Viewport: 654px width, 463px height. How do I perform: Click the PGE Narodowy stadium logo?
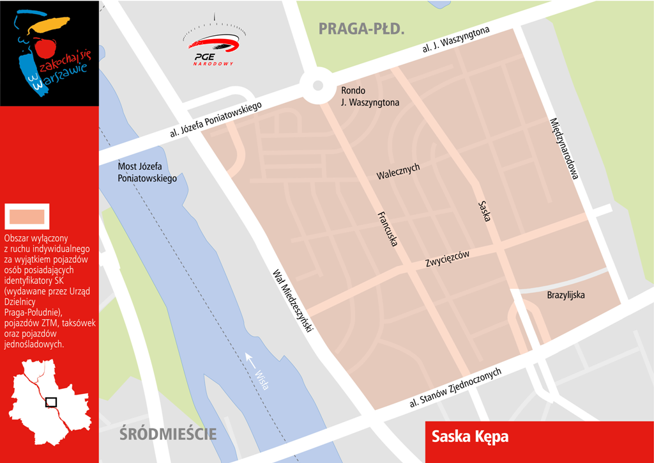pos(214,45)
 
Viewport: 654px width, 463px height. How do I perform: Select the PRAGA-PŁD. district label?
pos(361,29)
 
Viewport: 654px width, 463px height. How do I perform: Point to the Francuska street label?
pos(388,228)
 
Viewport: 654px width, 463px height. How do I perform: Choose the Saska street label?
pos(483,211)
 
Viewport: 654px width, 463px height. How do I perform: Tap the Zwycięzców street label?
pos(447,259)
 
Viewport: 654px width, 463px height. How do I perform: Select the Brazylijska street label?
pos(566,295)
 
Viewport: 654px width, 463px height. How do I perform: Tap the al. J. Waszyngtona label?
pos(456,40)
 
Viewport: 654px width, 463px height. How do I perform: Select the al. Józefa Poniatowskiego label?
pos(217,120)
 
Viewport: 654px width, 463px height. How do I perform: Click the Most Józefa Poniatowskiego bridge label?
pos(147,173)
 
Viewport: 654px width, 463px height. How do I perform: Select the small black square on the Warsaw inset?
pos(51,402)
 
